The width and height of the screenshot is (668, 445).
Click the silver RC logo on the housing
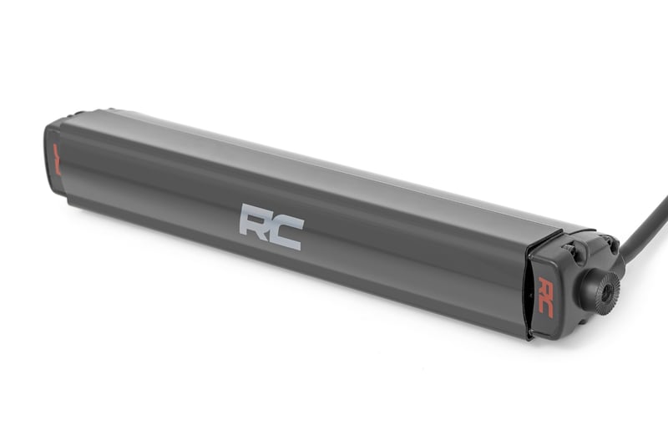[x=271, y=225]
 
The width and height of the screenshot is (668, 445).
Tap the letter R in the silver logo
[x=255, y=222]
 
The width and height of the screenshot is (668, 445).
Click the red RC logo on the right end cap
[x=545, y=296]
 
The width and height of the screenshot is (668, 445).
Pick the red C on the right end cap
[x=546, y=306]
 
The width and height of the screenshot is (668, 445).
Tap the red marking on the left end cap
[x=57, y=158]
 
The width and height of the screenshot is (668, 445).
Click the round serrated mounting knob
[x=600, y=289]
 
